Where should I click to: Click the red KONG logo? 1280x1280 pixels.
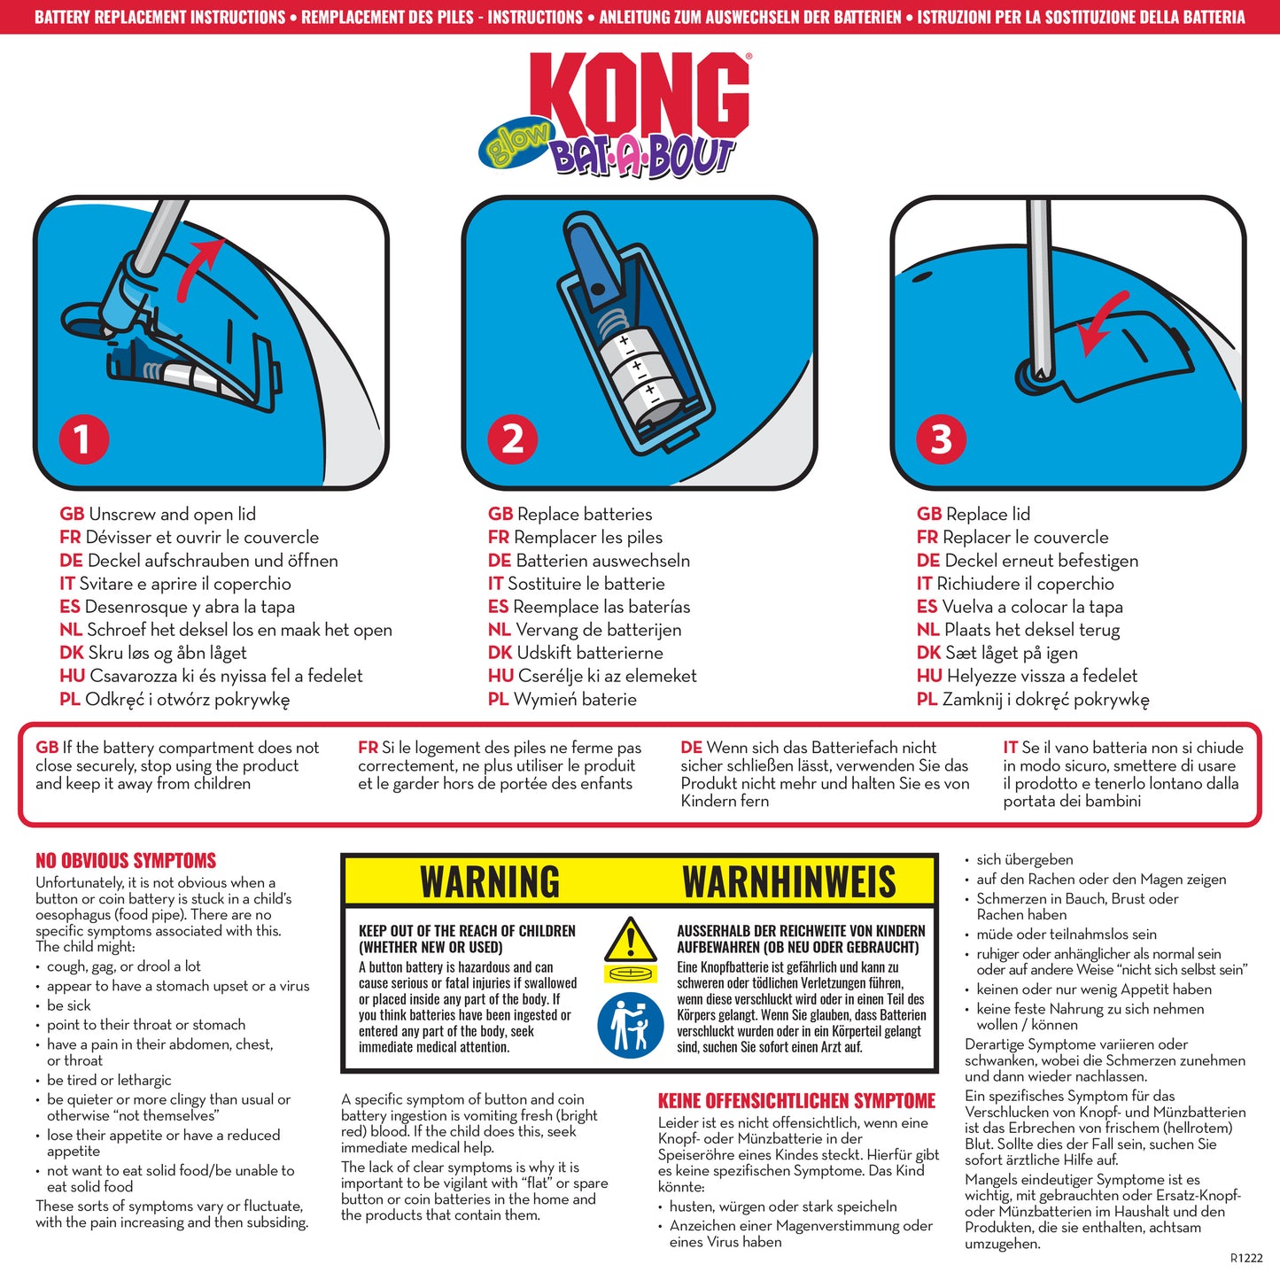645,96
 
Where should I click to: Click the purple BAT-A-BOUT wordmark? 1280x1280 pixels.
642,158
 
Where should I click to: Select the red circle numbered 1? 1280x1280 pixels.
83,438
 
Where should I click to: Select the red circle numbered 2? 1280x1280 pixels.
513,438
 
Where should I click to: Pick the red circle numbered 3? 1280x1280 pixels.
941,438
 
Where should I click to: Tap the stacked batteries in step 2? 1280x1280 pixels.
642,376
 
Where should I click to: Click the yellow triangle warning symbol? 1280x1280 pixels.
630,940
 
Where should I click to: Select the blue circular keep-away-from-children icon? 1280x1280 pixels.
630,1025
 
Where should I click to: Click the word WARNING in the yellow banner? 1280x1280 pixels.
490,882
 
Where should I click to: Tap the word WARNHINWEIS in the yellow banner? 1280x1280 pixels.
788,882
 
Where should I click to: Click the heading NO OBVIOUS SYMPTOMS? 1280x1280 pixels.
126,860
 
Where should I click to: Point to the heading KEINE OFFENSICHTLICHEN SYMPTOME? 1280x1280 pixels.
796,1101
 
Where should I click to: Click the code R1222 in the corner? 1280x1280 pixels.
1246,1258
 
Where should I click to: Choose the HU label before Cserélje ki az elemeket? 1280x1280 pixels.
500,676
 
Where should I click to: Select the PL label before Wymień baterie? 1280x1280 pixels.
498,700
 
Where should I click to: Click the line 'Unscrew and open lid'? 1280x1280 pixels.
172,515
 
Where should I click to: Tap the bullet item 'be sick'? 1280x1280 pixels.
69,1005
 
